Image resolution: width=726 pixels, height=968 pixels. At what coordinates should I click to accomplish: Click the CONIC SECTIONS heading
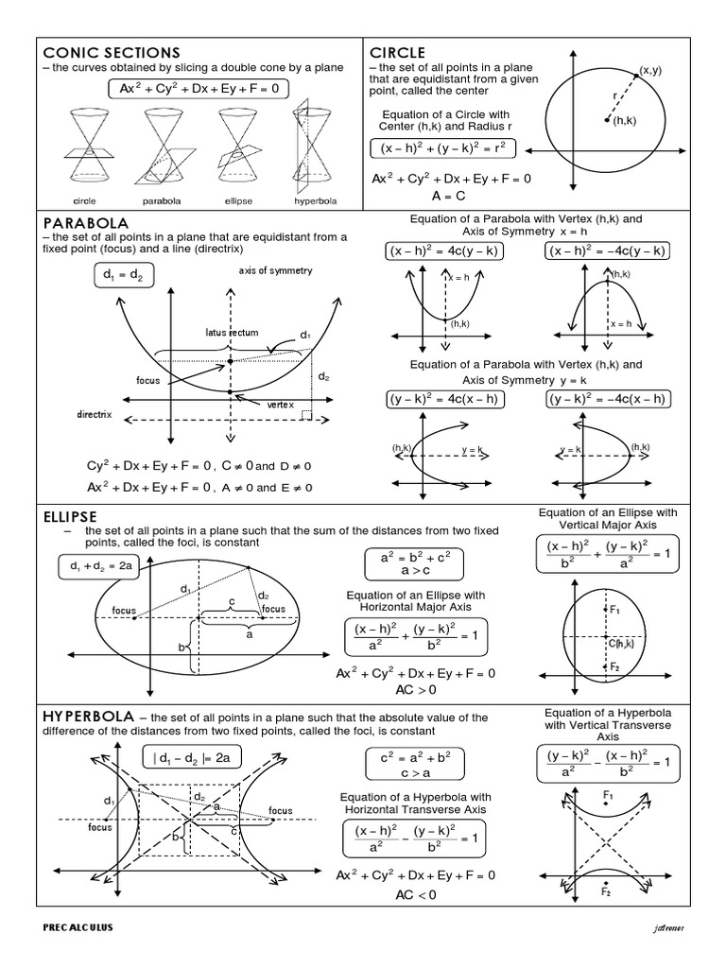pos(111,52)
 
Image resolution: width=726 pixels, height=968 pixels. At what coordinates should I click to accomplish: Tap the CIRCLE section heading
pos(397,52)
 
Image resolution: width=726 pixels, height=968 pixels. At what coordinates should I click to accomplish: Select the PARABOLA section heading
pos(86,221)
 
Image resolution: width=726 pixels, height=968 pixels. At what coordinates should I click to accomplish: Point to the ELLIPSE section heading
pos(71,517)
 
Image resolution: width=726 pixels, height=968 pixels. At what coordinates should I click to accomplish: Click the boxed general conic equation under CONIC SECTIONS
pos(198,89)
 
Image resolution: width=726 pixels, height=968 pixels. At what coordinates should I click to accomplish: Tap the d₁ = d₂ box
pos(124,275)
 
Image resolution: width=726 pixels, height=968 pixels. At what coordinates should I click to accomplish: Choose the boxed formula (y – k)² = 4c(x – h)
pos(444,399)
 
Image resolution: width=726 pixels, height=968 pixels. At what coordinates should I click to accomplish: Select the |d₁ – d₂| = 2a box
pos(192,756)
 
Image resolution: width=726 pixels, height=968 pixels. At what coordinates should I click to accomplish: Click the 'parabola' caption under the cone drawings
pos(161,200)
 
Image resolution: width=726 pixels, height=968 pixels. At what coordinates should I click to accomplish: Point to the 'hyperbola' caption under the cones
pos(312,200)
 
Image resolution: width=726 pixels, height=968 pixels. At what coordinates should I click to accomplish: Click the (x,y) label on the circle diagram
pos(649,71)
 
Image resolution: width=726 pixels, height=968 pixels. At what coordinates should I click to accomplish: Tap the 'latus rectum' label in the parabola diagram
pos(233,332)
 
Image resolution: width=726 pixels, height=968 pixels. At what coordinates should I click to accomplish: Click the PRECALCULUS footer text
pos(78,927)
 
